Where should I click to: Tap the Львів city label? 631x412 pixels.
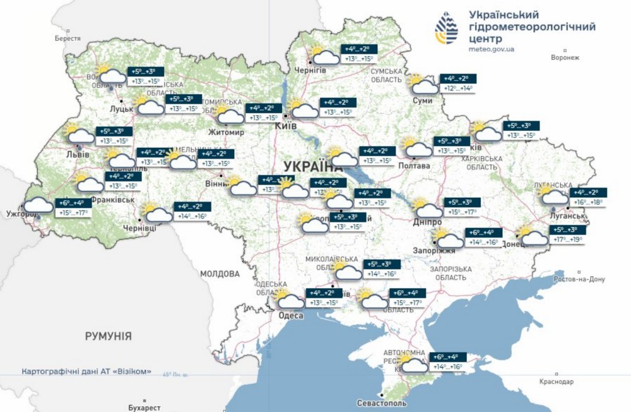[78, 154]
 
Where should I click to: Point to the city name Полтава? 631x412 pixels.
[416, 166]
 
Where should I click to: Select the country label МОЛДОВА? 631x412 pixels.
[220, 274]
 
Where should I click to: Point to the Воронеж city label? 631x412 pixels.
[564, 58]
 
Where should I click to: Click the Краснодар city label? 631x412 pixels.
[557, 382]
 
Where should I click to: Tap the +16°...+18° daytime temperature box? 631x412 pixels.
[587, 203]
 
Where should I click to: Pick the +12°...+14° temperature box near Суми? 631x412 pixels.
[457, 89]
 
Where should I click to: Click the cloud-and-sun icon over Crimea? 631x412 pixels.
[413, 366]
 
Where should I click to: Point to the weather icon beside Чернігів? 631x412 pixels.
[323, 56]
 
